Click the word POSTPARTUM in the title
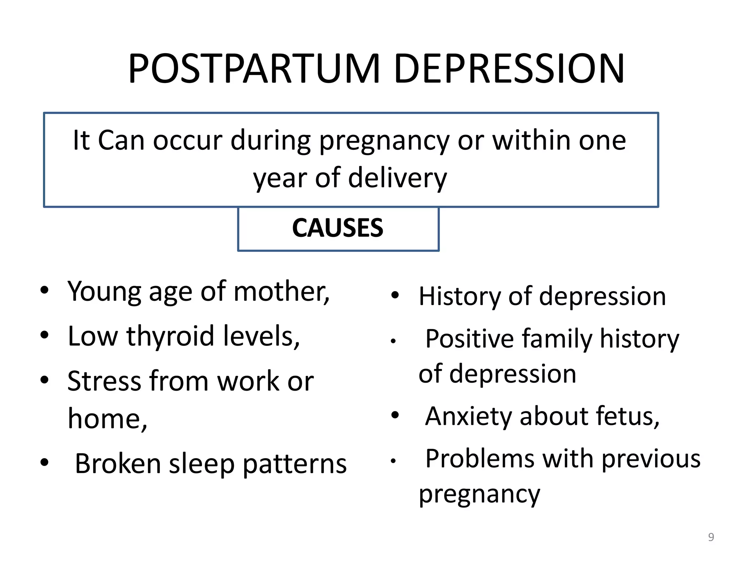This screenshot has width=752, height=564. point(254,69)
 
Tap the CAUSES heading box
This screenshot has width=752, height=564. point(338,228)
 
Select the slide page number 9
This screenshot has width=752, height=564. point(711,537)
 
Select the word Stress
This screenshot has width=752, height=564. point(104,381)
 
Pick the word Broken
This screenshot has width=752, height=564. point(118,464)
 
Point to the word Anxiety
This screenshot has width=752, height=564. point(468,416)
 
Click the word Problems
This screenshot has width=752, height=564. point(479,459)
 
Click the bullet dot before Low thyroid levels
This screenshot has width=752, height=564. point(44,335)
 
